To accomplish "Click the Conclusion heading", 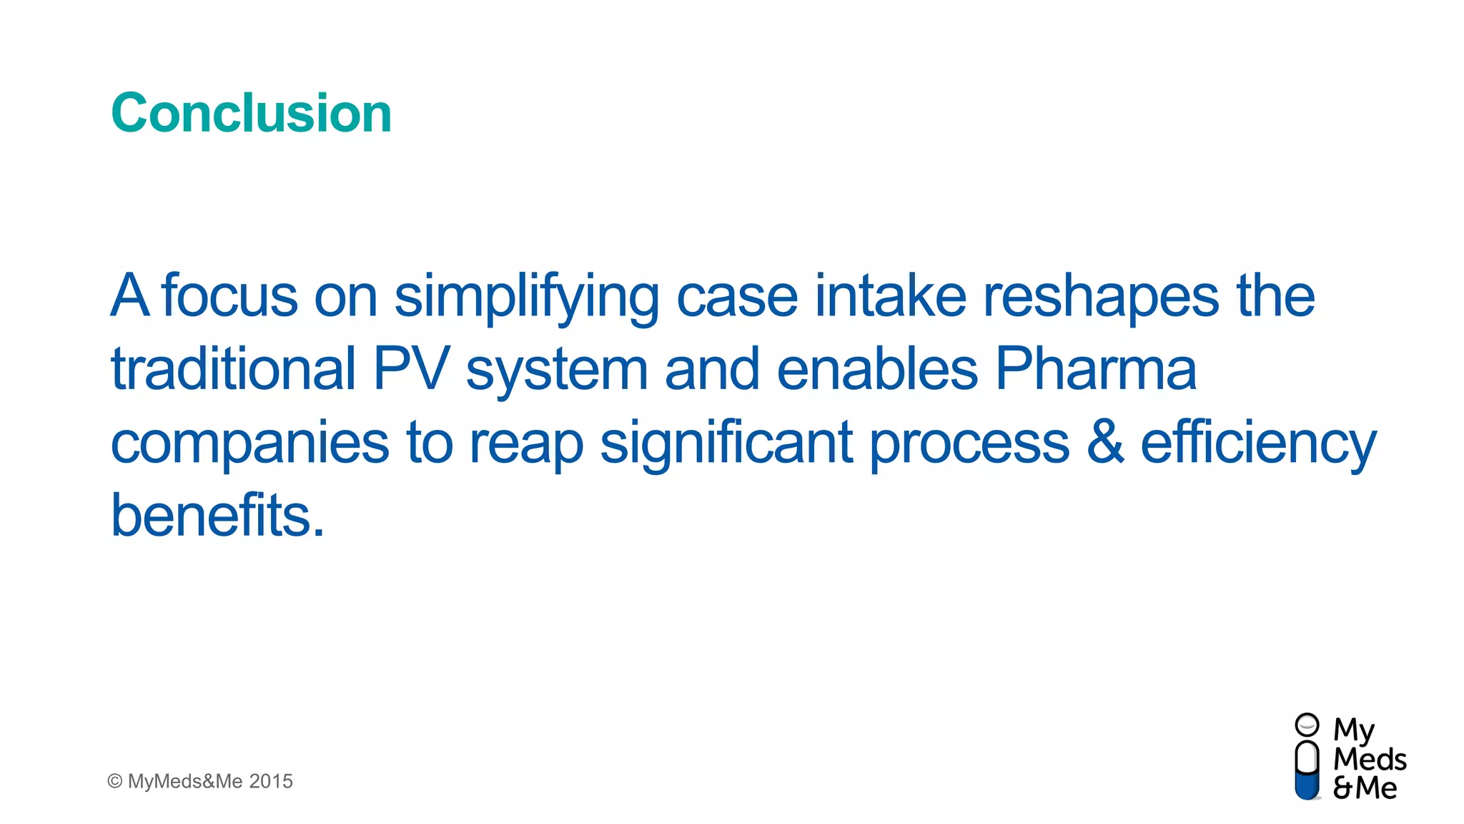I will pos(251,113).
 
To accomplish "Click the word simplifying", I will pos(526,297).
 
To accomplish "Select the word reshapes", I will pos(1101,297).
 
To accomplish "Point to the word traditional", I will pos(233,369).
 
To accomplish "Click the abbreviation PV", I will pos(411,369).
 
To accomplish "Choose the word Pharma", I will pos(1095,369).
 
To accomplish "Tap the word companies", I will pos(249,443).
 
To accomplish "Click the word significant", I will pos(726,443).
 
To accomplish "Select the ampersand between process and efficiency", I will pos(1104,442).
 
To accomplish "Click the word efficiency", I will pos(1258,443).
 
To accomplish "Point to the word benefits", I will pos(217,515).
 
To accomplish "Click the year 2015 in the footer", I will pos(271,781).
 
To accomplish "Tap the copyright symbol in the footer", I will pos(114,781).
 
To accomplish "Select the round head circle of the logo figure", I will pos(1307,725).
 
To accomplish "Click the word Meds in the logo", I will pos(1370,760).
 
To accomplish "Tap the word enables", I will pos(877,369).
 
